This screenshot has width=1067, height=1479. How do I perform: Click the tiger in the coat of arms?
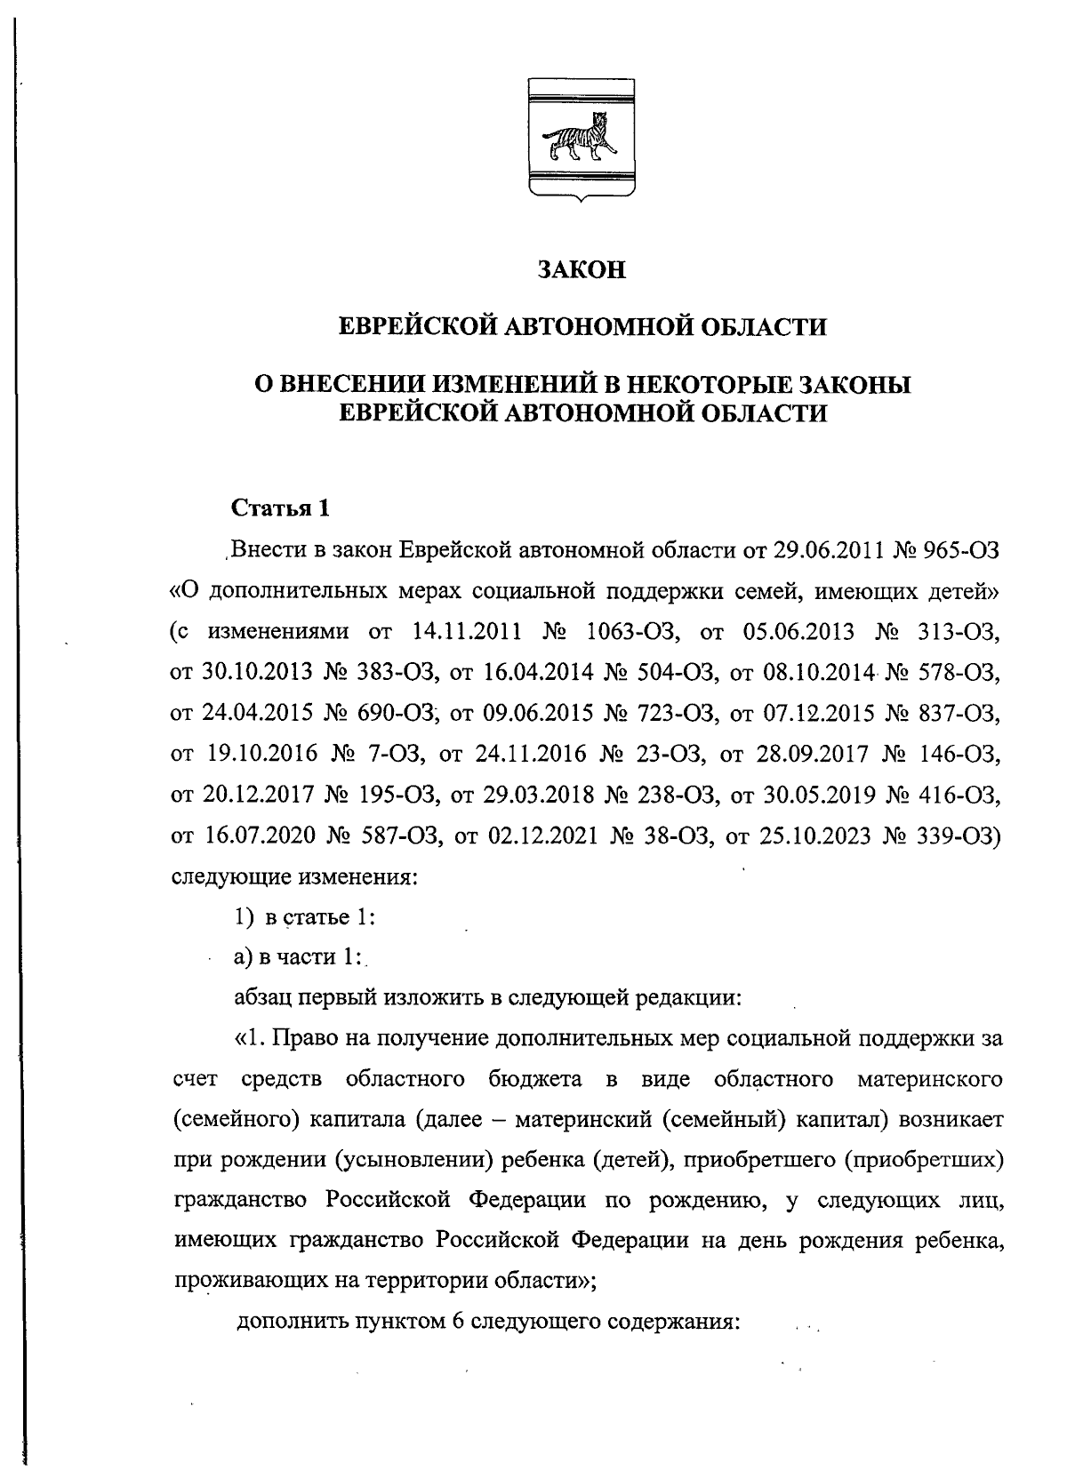[x=582, y=138]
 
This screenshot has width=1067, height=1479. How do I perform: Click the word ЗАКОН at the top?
[x=582, y=269]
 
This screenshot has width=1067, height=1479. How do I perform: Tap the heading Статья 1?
[x=280, y=508]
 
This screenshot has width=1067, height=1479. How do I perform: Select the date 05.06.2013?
[x=806, y=632]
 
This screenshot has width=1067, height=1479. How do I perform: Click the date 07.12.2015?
[x=813, y=713]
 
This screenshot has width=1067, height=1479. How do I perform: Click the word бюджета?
[x=535, y=1080]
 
